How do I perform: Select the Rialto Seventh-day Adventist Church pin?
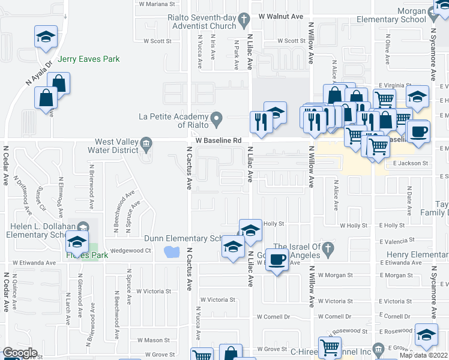point(243,20)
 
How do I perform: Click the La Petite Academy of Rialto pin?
point(218,116)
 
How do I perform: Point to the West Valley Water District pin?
point(145,144)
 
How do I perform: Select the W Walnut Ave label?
point(281,17)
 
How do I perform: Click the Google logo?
point(20,353)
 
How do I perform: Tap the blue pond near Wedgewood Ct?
point(172,251)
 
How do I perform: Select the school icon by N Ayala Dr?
point(46,37)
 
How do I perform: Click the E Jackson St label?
point(410,163)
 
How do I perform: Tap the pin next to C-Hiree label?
point(378,348)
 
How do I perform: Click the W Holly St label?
point(354,226)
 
